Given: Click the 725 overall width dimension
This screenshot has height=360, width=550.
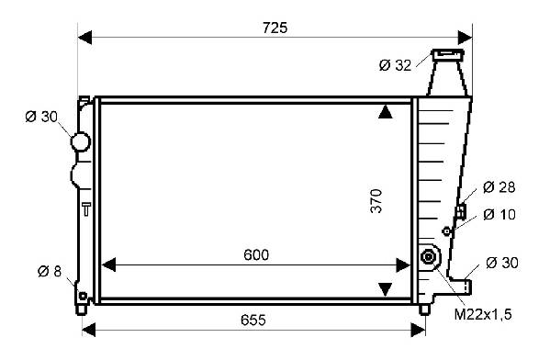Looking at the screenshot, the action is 275,28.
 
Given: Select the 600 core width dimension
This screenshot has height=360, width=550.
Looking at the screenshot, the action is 256,254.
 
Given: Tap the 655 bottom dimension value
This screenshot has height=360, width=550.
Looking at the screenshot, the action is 253,320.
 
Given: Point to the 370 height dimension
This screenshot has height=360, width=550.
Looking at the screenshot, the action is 376,201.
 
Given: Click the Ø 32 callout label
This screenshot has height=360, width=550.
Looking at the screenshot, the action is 395,65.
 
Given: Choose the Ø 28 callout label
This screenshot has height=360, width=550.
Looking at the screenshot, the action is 499,187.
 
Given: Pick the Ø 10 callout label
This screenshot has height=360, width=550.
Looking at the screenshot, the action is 499,214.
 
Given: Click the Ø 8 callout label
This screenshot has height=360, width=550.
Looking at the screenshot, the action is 50,271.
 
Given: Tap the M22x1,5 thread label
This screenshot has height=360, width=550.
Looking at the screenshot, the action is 483,314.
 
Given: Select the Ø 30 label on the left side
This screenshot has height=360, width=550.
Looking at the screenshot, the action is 41,117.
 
